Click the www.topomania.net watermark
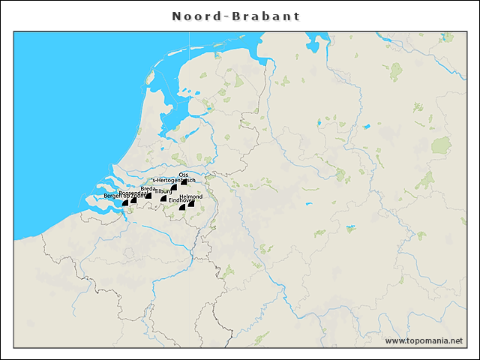pyautogui.click(x=424, y=341)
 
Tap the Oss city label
pyautogui.click(x=184, y=174)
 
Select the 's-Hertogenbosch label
pyautogui.click(x=173, y=181)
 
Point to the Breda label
pyautogui.click(x=148, y=188)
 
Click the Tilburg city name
pyautogui.click(x=163, y=192)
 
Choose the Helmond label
pyautogui.click(x=191, y=196)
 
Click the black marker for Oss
pyautogui.click(x=184, y=181)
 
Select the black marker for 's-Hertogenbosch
pyautogui.click(x=174, y=187)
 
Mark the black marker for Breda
pyautogui.click(x=148, y=195)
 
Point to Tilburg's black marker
pyautogui.click(x=163, y=199)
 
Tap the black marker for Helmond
pyautogui.click(x=191, y=203)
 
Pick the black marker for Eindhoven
pyautogui.click(x=182, y=206)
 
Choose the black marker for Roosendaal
pyautogui.click(x=133, y=200)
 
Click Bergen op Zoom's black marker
pyautogui.click(x=125, y=202)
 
